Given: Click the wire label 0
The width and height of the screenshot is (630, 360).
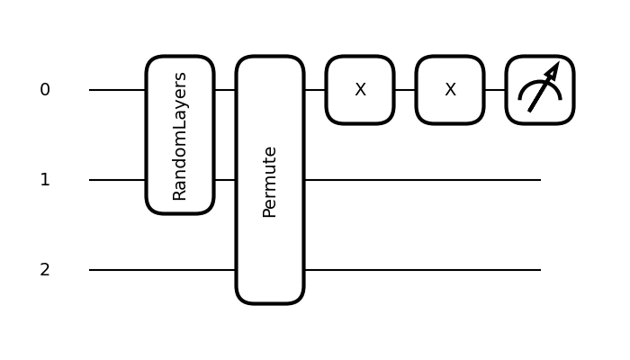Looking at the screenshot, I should click(45, 90).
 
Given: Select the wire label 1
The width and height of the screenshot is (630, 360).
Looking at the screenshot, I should click(45, 180).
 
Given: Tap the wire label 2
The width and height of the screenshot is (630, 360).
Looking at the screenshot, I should click(45, 270).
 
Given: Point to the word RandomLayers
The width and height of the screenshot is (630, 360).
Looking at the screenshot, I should click(180, 136).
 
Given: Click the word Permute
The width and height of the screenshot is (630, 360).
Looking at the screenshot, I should click(270, 181).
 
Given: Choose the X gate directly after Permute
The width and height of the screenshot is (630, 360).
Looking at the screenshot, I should click(360, 90).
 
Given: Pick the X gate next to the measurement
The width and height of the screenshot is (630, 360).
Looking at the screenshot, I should click(450, 90).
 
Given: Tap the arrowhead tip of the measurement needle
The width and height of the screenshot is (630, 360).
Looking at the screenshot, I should click(557, 65).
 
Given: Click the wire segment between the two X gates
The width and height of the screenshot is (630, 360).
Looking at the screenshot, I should click(405, 90).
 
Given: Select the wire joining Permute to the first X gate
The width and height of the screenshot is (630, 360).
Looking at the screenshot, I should click(315, 90).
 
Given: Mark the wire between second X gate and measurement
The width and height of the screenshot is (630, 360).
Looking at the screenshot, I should click(495, 90).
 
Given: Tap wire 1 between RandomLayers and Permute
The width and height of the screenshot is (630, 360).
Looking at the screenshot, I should click(225, 180).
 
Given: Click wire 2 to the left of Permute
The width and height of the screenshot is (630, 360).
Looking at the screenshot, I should click(162, 270).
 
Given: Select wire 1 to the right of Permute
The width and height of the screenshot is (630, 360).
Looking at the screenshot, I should click(423, 180).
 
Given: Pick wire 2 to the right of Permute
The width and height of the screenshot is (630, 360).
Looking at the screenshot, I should click(423, 270).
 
